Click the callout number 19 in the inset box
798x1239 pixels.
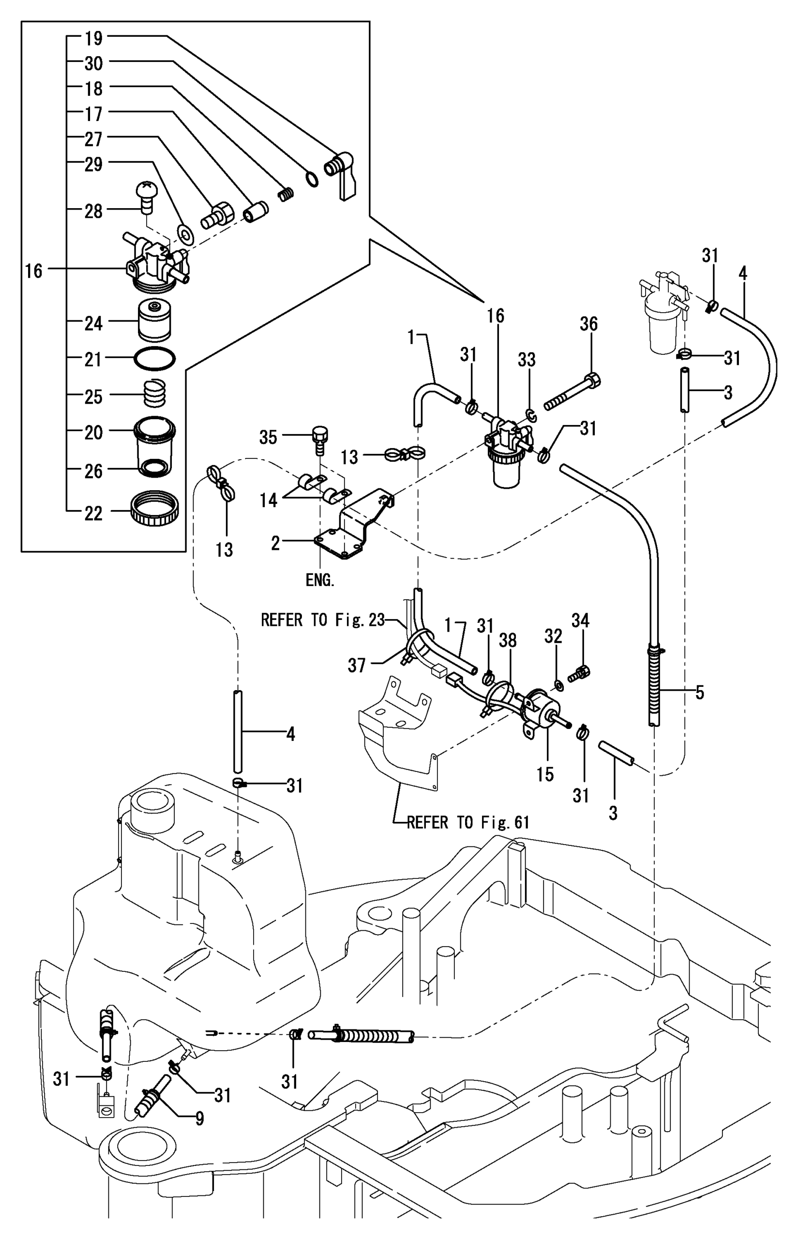[93, 38]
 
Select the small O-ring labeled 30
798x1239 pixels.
[312, 179]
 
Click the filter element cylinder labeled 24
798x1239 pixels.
[155, 321]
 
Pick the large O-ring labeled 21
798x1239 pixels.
[154, 359]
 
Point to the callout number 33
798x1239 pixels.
[527, 360]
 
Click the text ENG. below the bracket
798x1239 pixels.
[320, 580]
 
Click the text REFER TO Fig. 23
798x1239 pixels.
[322, 620]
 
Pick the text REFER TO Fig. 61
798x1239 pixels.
[467, 822]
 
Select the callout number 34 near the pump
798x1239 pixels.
[580, 620]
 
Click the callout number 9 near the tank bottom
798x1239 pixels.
[199, 1119]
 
